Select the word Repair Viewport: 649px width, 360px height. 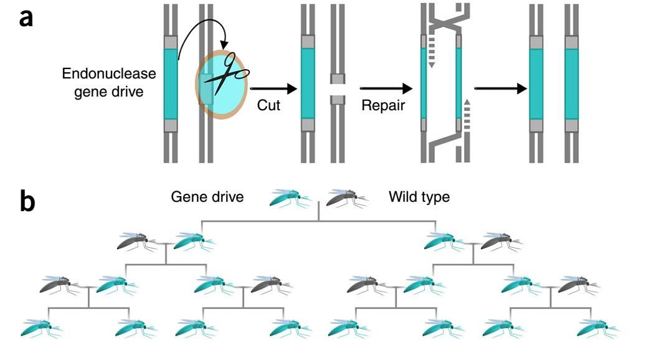pos(382,106)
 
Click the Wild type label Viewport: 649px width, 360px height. pos(419,197)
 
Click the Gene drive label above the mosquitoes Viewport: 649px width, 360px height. pos(207,197)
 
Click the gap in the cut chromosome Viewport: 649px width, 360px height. pos(338,90)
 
